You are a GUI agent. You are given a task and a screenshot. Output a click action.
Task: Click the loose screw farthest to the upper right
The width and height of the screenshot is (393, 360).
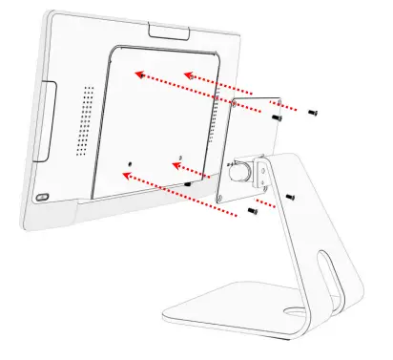(314, 112)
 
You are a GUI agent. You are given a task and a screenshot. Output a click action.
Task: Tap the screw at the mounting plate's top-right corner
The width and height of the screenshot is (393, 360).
(276, 118)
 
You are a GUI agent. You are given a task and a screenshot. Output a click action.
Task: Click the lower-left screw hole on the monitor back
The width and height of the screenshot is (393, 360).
(130, 175)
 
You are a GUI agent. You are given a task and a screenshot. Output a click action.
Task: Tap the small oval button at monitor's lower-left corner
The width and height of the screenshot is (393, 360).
(41, 197)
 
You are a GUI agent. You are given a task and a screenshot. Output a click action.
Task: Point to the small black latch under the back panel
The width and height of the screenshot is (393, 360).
(189, 182)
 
